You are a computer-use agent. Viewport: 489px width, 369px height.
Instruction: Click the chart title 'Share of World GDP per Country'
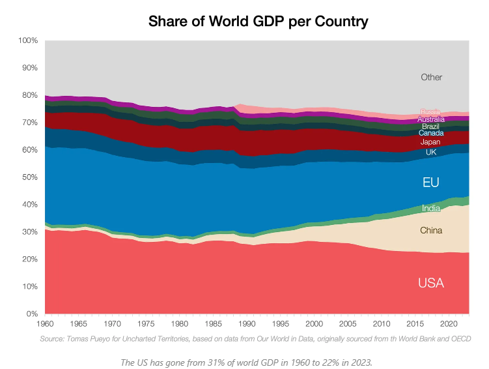[x=258, y=21]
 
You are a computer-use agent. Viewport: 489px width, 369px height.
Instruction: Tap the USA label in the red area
[x=431, y=283]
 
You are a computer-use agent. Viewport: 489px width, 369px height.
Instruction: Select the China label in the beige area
[x=431, y=230]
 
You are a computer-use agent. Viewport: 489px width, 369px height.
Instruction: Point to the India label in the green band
[x=431, y=209]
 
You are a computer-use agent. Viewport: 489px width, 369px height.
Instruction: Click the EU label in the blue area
[x=431, y=183]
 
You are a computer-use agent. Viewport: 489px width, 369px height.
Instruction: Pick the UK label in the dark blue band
[x=431, y=153]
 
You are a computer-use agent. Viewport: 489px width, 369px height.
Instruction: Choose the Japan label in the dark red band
[x=431, y=142]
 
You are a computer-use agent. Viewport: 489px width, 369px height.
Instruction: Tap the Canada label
[x=431, y=133]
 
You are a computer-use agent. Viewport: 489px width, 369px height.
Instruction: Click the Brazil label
[x=431, y=126]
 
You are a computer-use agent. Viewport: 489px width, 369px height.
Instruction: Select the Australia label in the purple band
[x=431, y=119]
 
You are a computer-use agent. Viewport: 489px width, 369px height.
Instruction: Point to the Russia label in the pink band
[x=431, y=112]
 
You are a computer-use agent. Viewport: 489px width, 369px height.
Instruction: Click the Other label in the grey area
[x=431, y=77]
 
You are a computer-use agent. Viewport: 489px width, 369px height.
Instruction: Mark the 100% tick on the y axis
[x=28, y=40]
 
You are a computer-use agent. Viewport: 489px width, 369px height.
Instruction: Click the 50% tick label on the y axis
[x=30, y=177]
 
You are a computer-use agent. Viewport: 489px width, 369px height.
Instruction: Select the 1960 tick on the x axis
[x=45, y=324]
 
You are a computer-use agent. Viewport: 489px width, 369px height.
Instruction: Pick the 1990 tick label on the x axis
[x=247, y=324]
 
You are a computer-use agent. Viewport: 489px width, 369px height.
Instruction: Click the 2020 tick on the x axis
[x=449, y=324]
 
